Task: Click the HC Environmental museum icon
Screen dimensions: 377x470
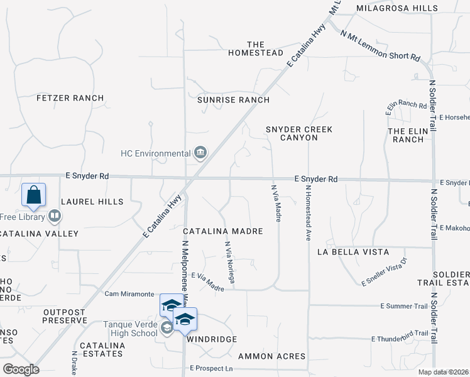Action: coord(200,153)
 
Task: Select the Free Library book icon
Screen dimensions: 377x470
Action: coord(55,217)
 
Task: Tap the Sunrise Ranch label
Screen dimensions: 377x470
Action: coord(233,100)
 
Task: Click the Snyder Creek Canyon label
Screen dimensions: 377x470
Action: coord(298,133)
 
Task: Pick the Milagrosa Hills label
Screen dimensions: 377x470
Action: coord(406,8)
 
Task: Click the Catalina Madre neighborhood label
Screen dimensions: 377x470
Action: coord(222,231)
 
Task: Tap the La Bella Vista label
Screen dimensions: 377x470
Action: coord(352,252)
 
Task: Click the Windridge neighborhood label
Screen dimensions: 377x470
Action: coord(211,339)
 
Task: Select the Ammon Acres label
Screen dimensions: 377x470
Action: coord(272,356)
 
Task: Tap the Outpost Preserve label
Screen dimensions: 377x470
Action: coord(65,316)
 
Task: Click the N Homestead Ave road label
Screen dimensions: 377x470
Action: coord(309,213)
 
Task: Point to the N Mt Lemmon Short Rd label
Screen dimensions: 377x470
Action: coord(380,46)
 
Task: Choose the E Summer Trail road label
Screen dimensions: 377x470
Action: coord(404,306)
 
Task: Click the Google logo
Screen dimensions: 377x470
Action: coord(21,369)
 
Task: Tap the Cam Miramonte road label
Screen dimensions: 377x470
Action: coord(129,294)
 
